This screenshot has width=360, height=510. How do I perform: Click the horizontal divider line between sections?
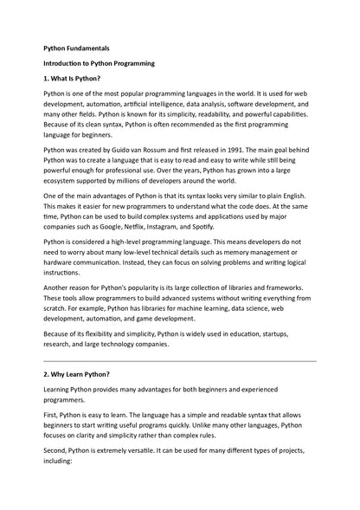pos(180,360)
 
